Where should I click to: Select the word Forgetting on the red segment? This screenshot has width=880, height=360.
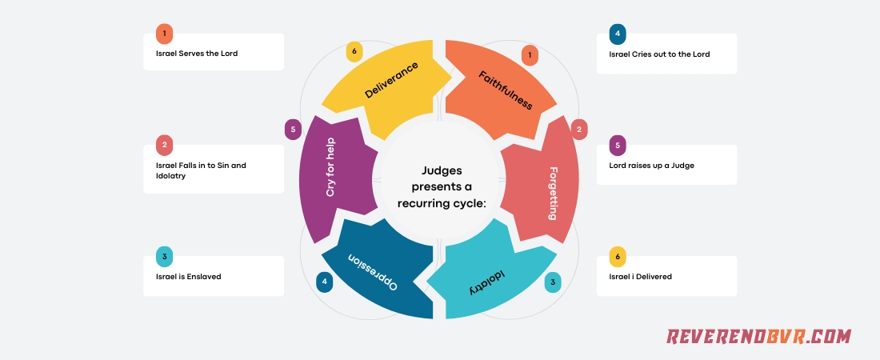pyautogui.click(x=554, y=193)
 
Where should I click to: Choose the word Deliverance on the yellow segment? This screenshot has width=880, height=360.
pyautogui.click(x=391, y=81)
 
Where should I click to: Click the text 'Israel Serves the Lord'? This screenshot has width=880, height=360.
pyautogui.click(x=197, y=54)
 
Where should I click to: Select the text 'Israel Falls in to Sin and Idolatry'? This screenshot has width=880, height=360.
pyautogui.click(x=201, y=170)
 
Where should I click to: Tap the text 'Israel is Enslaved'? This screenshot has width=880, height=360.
pyautogui.click(x=189, y=276)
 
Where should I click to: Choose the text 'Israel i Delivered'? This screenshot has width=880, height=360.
pyautogui.click(x=641, y=276)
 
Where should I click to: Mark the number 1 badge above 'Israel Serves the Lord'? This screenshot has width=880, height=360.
pyautogui.click(x=164, y=34)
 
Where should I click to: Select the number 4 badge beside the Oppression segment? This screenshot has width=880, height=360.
pyautogui.click(x=325, y=282)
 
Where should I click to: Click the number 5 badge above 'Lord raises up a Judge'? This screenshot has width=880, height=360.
pyautogui.click(x=617, y=146)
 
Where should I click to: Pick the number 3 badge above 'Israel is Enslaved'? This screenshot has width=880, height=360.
pyautogui.click(x=164, y=257)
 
